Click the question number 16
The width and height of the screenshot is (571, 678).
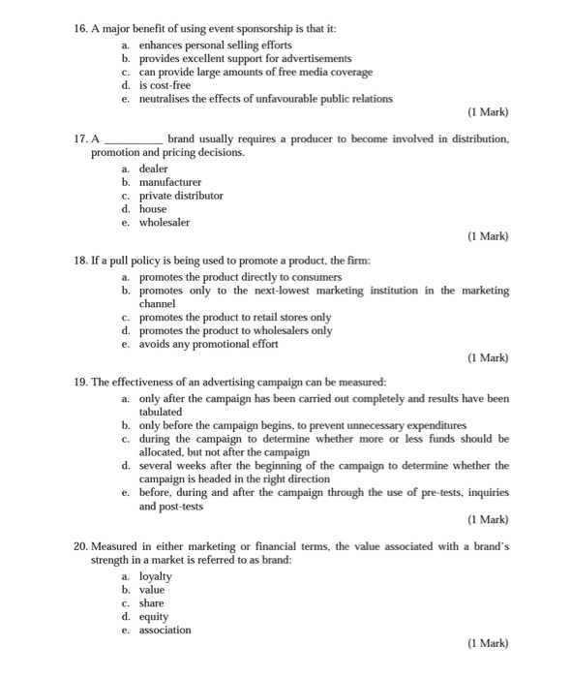pyautogui.click(x=80, y=30)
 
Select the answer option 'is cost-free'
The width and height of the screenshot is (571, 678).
pyautogui.click(x=166, y=85)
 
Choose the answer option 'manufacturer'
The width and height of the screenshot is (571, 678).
pyautogui.click(x=170, y=181)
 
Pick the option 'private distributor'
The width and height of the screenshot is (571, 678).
pyautogui.click(x=181, y=195)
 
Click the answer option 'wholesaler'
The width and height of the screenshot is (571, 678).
pyautogui.click(x=165, y=222)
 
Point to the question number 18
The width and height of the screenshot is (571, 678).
pyautogui.click(x=80, y=262)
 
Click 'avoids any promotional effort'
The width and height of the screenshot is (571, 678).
pyautogui.click(x=208, y=344)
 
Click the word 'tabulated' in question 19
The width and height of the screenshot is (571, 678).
pyautogui.click(x=161, y=412)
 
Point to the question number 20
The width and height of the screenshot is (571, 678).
pyautogui.click(x=80, y=547)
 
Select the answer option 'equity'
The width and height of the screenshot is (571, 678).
pyautogui.click(x=154, y=616)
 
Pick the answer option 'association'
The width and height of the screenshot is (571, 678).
pyautogui.click(x=165, y=630)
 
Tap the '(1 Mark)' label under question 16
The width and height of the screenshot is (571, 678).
pyautogui.click(x=487, y=111)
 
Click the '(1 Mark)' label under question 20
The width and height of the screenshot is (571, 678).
pyautogui.click(x=487, y=642)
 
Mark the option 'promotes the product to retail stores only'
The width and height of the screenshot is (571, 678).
pyautogui.click(x=235, y=317)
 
